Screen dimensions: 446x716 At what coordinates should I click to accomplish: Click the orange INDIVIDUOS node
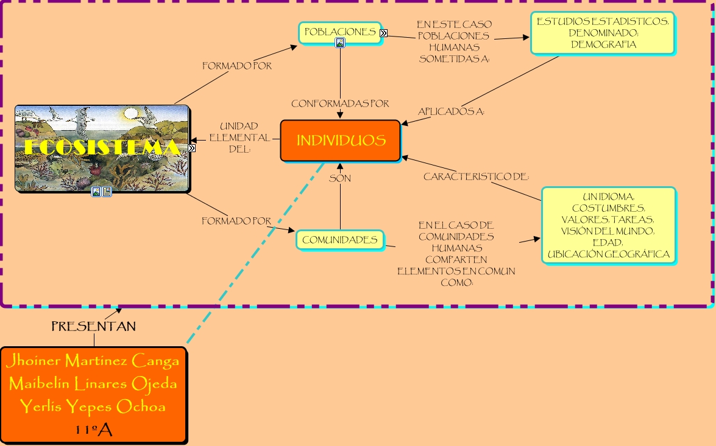pyautogui.click(x=341, y=141)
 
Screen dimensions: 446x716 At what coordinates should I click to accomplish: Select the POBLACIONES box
pyautogui.click(x=339, y=32)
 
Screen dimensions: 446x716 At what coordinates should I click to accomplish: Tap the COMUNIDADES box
pyautogui.click(x=340, y=240)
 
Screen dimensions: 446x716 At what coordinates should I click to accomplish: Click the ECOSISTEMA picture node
pyautogui.click(x=102, y=148)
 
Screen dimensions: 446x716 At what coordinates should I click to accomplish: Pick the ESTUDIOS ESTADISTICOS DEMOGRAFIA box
pyautogui.click(x=603, y=33)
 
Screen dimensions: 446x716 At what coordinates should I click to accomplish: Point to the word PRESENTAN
pyautogui.click(x=93, y=327)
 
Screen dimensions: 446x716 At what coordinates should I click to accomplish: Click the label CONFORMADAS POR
pyautogui.click(x=340, y=104)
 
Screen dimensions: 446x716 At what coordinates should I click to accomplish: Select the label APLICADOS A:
pyautogui.click(x=451, y=112)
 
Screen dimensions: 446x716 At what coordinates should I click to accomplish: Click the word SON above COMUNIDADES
pyautogui.click(x=340, y=179)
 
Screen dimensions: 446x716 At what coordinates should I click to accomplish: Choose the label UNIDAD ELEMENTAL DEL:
pyautogui.click(x=239, y=138)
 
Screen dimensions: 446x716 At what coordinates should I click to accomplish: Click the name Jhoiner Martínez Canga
pyautogui.click(x=93, y=361)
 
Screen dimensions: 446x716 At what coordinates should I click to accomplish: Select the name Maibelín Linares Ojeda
pyautogui.click(x=93, y=384)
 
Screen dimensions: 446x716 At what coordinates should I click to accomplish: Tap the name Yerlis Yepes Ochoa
pyautogui.click(x=93, y=406)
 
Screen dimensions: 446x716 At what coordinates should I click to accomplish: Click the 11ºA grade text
pyautogui.click(x=93, y=430)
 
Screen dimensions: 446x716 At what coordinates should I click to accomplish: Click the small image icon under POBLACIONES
pyautogui.click(x=340, y=43)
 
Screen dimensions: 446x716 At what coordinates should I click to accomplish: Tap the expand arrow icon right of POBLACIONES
pyautogui.click(x=383, y=33)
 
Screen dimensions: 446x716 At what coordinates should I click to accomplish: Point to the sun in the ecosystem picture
pyautogui.click(x=132, y=114)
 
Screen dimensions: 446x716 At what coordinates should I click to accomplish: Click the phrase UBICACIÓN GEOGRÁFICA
pyautogui.click(x=608, y=254)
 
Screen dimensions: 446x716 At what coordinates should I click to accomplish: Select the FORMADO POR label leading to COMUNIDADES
pyautogui.click(x=236, y=221)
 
